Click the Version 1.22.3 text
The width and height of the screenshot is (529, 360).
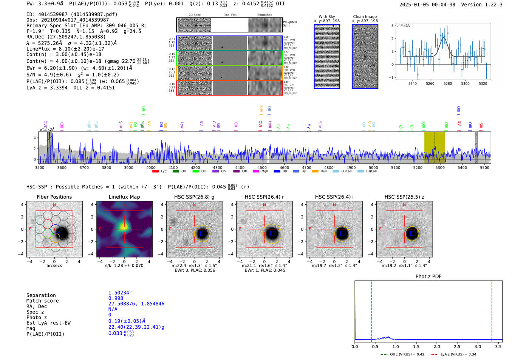tap(487, 5)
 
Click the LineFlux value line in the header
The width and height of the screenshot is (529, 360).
tap(65, 49)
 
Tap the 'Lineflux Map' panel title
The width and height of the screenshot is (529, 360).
tap(124, 197)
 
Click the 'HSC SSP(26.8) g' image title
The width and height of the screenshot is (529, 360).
tap(194, 197)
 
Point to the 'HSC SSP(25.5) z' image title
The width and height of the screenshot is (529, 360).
tap(404, 197)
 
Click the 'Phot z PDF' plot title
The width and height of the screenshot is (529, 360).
tap(428, 276)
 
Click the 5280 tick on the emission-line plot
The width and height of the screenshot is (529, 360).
tap(448, 83)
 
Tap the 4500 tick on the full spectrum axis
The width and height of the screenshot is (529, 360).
tap(262, 167)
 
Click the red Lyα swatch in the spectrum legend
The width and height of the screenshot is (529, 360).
tap(155, 171)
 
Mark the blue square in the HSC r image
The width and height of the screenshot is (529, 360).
tap(272, 233)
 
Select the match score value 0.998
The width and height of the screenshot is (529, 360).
tap(116, 298)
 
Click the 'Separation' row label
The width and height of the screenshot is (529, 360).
tap(41, 295)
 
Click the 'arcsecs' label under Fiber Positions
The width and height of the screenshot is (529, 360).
tap(54, 265)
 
